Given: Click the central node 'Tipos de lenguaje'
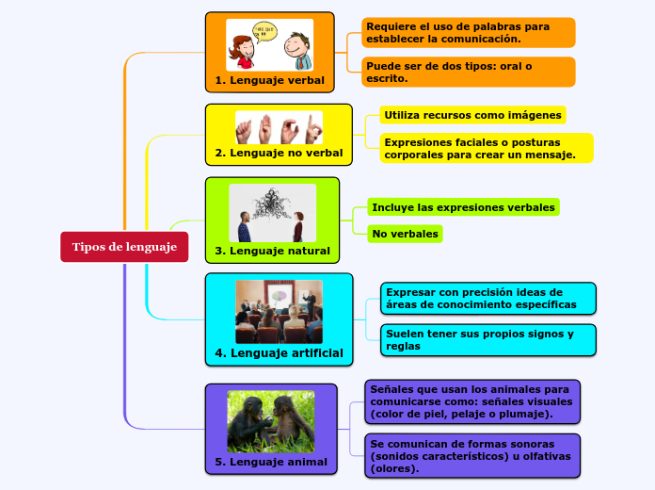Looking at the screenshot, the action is pos(124,247).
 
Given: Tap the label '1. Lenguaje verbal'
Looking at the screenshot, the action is pos(270,80).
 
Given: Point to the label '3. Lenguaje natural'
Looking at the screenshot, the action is pos(272,251).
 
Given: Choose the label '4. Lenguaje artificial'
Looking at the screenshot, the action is pos(279,353).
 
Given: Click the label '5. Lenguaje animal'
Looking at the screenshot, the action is pos(271,462).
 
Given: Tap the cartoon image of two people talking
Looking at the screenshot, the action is pos(270,45).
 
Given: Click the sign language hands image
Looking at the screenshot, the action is pos(279,127).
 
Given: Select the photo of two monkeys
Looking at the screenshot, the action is pos(270,421).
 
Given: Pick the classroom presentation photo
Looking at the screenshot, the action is pos(279,311).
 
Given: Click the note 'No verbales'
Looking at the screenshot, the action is pos(405,234).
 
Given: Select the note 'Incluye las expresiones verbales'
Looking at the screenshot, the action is pos(464,206).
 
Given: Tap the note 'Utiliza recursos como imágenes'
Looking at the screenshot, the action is pos(472,115).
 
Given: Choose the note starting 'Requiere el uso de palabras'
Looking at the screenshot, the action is pos(468,33).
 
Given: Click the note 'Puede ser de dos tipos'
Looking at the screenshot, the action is pos(468,72).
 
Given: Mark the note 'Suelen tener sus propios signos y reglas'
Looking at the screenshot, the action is pos(487,340).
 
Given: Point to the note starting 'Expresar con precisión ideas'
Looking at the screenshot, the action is pos(487,299).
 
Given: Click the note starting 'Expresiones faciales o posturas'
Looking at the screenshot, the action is pos(487,148).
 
